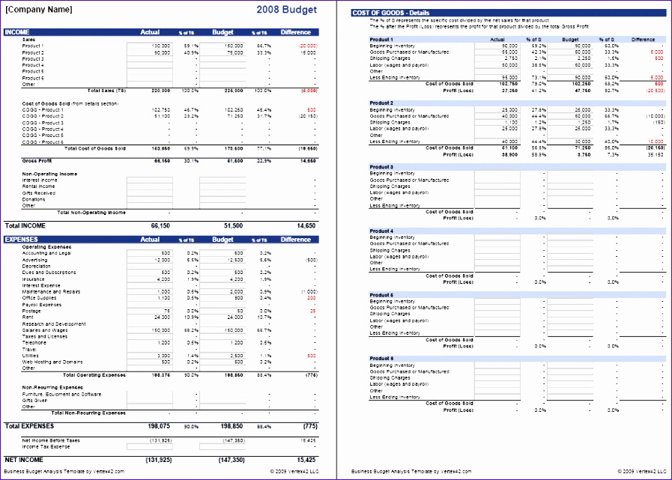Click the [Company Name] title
tap(39, 10)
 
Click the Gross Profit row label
tap(37, 160)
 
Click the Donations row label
tap(34, 199)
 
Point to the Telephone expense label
tap(34, 342)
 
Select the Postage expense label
tap(31, 311)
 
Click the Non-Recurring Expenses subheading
tap(52, 387)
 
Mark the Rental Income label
tap(40, 186)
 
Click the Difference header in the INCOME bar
tap(295, 32)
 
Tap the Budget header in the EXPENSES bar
tap(223, 240)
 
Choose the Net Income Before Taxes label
tap(50, 440)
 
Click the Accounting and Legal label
tap(46, 253)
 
